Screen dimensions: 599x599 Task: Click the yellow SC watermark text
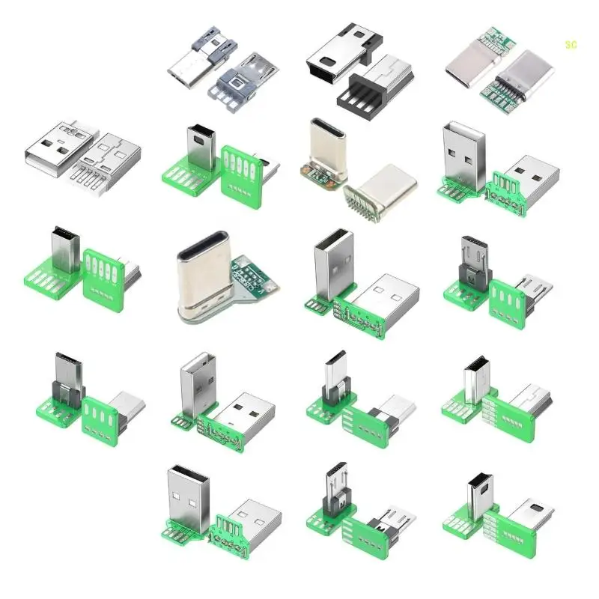pos(571,44)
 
